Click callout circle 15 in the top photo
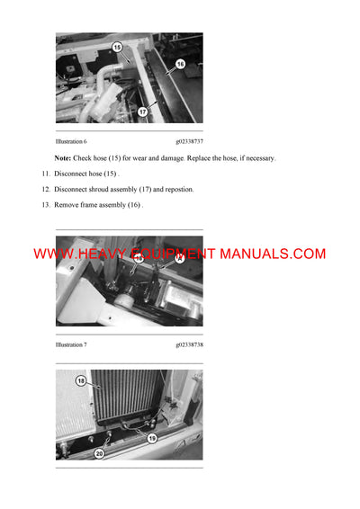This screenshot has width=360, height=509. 117,46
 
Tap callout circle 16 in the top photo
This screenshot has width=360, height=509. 179,64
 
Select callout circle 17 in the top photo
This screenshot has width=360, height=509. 142,112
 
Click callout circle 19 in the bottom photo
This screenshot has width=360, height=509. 150,438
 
